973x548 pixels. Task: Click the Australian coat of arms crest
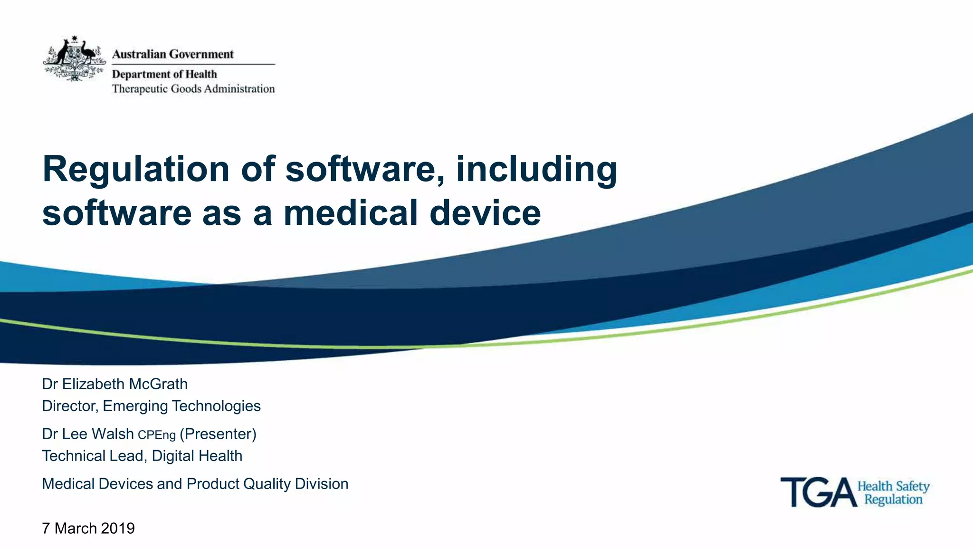coord(74,59)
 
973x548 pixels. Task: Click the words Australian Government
coord(173,54)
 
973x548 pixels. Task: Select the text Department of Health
coord(164,74)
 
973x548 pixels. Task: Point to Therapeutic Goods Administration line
coord(193,89)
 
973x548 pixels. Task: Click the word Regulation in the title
coord(136,169)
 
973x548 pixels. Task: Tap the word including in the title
coord(536,169)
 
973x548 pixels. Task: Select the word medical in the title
coord(351,212)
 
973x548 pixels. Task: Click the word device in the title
coord(485,212)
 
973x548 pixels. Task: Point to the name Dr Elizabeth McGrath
coord(114,384)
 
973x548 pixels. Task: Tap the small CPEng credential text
coord(157,435)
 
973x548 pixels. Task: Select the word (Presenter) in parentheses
coord(218,434)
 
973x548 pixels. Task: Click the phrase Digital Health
coord(197,456)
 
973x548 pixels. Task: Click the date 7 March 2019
coord(88,528)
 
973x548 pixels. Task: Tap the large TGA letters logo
coord(818,492)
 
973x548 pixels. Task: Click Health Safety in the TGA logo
coord(893,486)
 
